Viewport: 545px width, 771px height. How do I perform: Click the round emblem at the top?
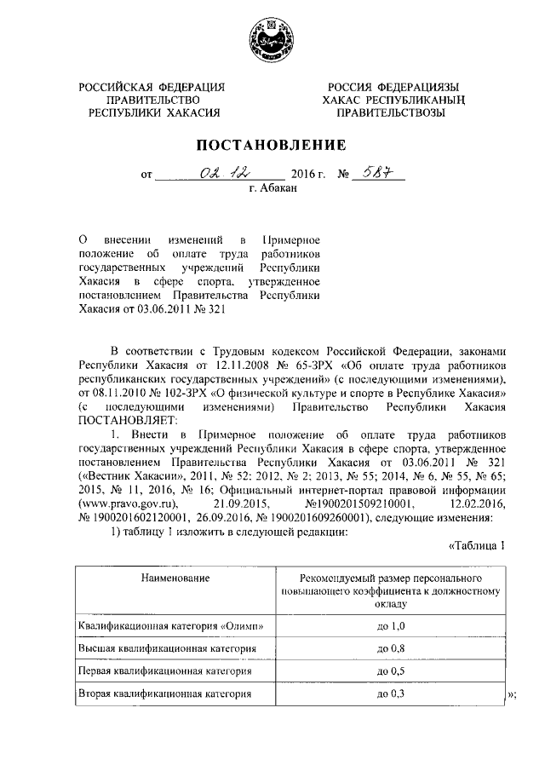point(272,38)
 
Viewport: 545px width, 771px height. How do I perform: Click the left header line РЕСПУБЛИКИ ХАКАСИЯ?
point(152,112)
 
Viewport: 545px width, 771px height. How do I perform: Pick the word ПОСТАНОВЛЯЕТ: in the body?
point(128,420)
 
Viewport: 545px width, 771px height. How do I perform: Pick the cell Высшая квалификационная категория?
point(167,648)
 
